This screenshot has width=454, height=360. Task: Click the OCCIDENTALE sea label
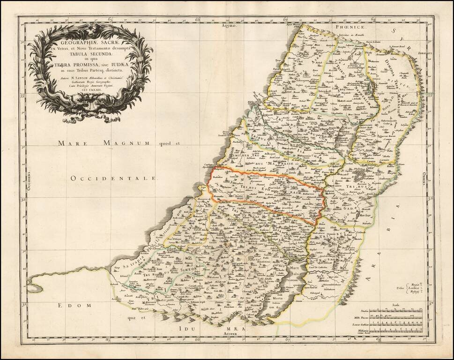point(114,178)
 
